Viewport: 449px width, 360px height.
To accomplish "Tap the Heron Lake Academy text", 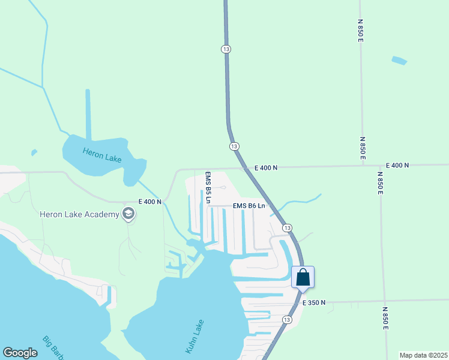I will [x=79, y=214].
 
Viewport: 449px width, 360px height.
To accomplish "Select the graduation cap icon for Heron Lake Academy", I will [x=128, y=214].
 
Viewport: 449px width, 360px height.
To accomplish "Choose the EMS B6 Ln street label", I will [x=249, y=206].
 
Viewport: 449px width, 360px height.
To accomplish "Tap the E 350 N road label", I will [x=314, y=303].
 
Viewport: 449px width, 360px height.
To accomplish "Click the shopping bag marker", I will [x=303, y=277].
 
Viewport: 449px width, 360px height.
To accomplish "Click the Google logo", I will [x=20, y=353].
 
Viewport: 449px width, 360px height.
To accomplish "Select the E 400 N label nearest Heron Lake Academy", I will [x=150, y=202].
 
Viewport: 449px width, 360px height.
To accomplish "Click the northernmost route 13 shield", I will [x=226, y=49].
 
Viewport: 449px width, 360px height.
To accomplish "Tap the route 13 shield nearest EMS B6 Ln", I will [x=288, y=227].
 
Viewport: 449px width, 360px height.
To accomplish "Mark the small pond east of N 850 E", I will [x=399, y=61].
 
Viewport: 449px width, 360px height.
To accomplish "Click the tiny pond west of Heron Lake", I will [x=34, y=152].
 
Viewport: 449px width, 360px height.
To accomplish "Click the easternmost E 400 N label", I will [x=397, y=165].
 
